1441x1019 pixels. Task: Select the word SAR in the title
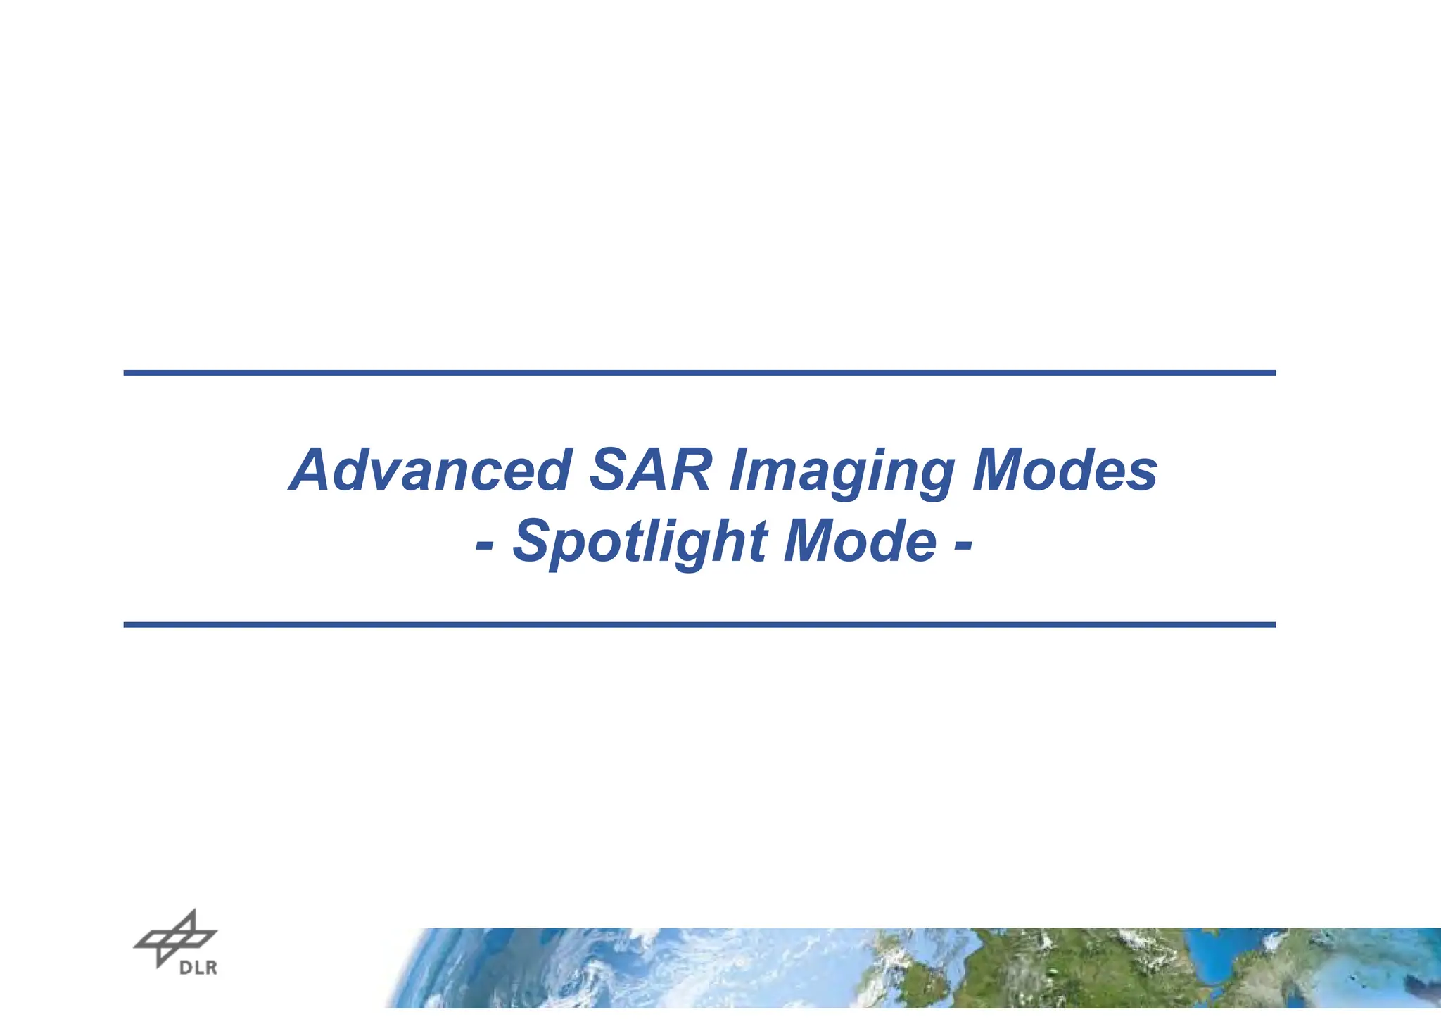tap(650, 470)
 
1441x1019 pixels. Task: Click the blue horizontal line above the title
tap(699, 373)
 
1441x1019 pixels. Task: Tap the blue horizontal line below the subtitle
tap(699, 624)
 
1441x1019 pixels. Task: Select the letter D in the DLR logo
tap(185, 968)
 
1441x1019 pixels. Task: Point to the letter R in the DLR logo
tap(210, 968)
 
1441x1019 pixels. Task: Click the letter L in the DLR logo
tap(198, 968)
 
